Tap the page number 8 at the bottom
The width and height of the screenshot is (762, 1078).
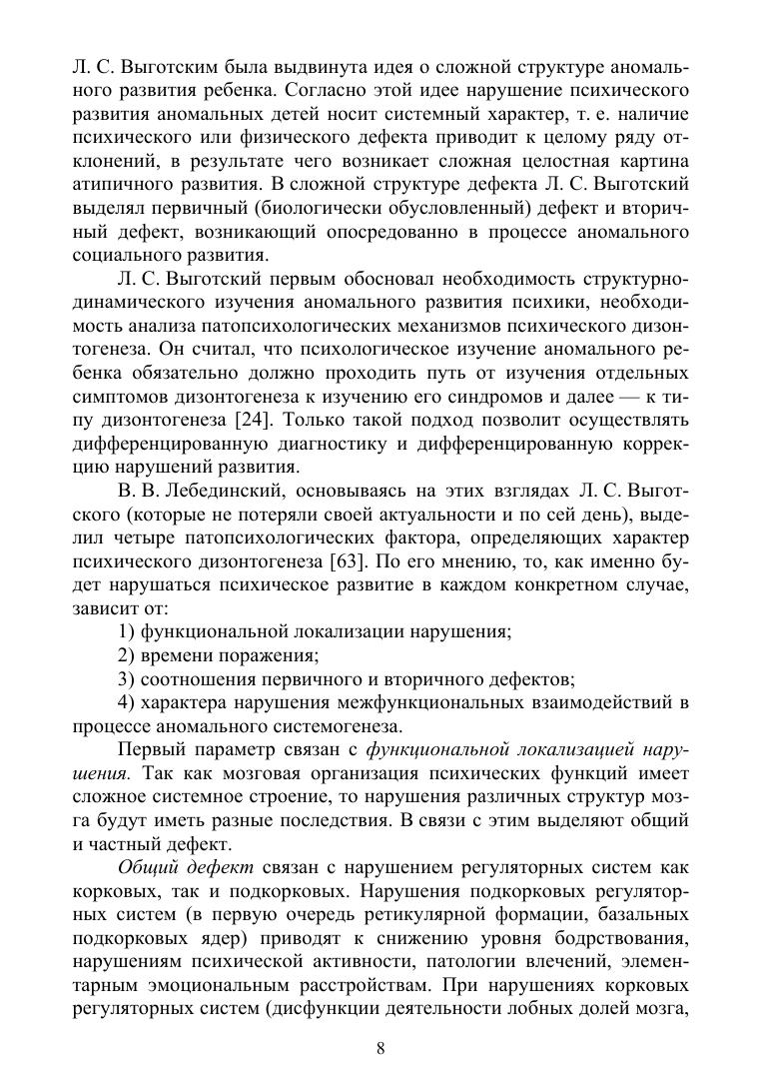tap(381, 1048)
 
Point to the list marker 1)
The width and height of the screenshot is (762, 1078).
tap(127, 631)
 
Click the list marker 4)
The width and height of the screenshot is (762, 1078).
tap(127, 702)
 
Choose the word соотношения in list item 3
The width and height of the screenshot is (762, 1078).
tap(194, 679)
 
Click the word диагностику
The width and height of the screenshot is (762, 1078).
tap(329, 443)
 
